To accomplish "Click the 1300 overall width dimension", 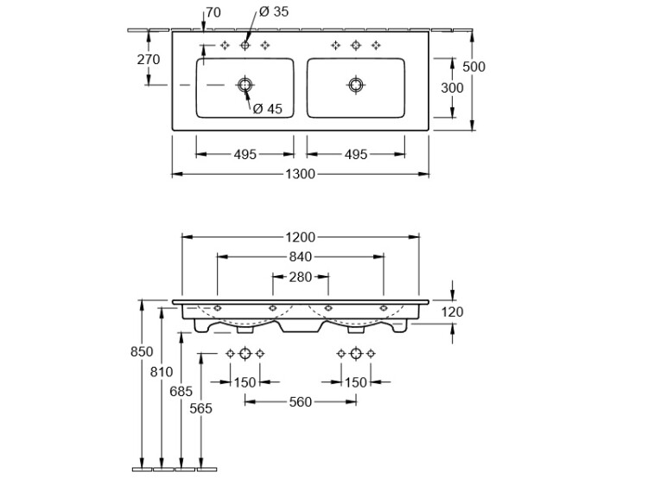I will click(x=301, y=174).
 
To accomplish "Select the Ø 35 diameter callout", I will click(x=274, y=12).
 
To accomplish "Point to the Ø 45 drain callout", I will click(x=268, y=108).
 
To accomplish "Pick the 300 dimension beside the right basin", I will click(x=452, y=87).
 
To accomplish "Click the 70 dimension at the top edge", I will click(x=214, y=12).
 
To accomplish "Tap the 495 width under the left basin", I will click(x=245, y=155).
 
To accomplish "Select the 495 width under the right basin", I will click(x=356, y=155).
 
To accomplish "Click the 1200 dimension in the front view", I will click(x=301, y=236).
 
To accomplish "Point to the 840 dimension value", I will click(x=301, y=256).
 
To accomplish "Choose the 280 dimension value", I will click(x=301, y=277).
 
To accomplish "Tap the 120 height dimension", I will click(x=454, y=312).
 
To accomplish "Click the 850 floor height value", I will click(x=142, y=352).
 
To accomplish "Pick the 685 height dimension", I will click(x=181, y=390).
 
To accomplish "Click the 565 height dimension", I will click(x=200, y=409).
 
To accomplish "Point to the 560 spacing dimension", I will click(x=301, y=401).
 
